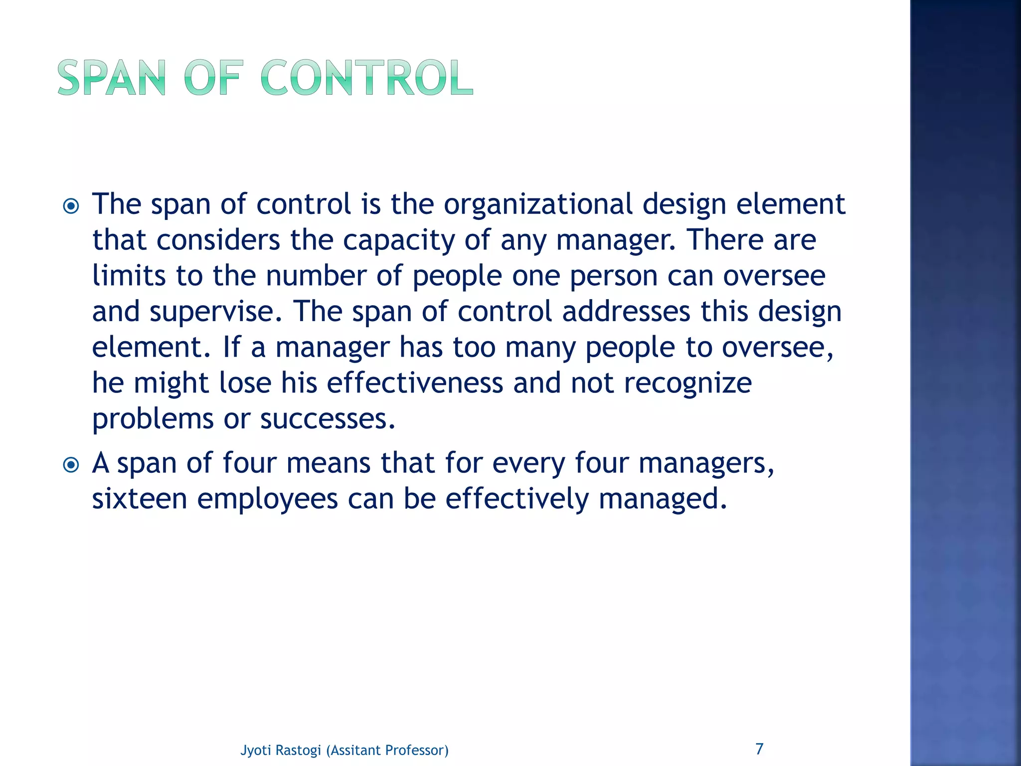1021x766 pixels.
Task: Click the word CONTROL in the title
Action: tap(366, 78)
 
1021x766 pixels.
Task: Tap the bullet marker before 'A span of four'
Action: tap(71, 465)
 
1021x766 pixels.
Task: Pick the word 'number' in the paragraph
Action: tap(316, 276)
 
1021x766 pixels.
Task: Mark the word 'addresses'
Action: tap(626, 312)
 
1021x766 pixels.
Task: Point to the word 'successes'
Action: tap(327, 419)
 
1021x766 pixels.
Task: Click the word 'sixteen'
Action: tap(140, 499)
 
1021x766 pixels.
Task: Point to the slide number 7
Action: tap(759, 749)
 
